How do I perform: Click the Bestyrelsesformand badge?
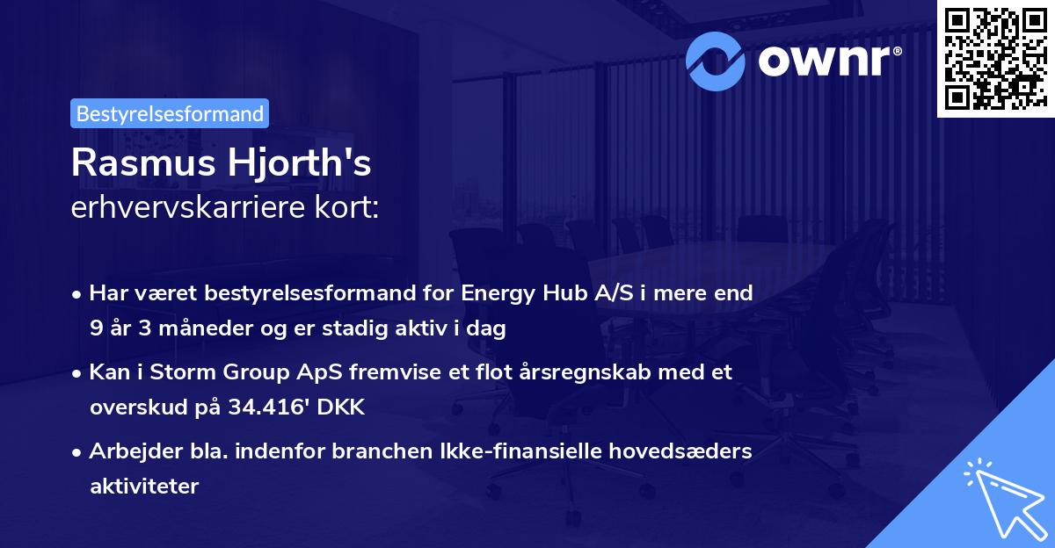(x=170, y=113)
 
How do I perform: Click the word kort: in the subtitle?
(x=350, y=207)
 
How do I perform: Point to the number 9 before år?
(x=95, y=329)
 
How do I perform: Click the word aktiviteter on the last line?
(x=144, y=487)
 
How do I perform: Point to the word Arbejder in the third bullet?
(x=126, y=451)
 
